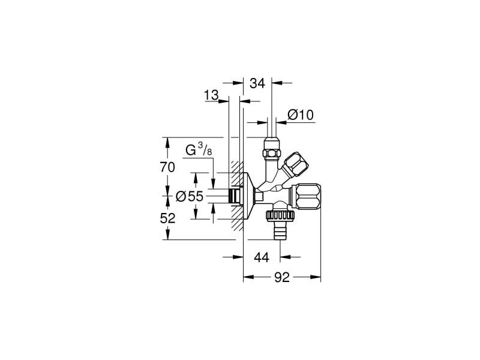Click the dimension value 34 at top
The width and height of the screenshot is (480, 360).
(x=257, y=83)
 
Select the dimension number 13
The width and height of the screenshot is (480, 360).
(x=211, y=95)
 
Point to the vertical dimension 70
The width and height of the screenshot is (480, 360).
(x=167, y=167)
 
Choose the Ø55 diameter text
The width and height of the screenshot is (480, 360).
(x=190, y=196)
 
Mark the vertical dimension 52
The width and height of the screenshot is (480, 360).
(x=167, y=218)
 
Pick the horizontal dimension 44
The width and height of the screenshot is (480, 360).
(x=261, y=257)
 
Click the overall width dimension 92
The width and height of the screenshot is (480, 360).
(x=282, y=277)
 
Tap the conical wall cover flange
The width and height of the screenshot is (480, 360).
(x=247, y=194)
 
